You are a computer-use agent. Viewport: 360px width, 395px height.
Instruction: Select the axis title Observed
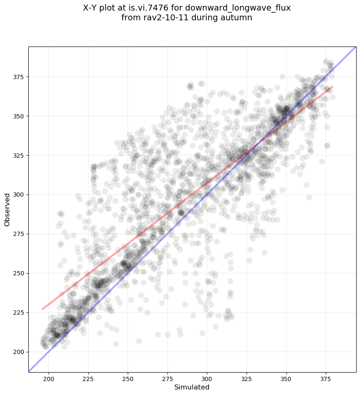pyautogui.click(x=7, y=210)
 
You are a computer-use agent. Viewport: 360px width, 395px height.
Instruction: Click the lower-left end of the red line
pyautogui.click(x=43, y=309)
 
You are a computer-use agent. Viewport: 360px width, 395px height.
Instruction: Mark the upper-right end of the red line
pyautogui.click(x=333, y=87)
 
